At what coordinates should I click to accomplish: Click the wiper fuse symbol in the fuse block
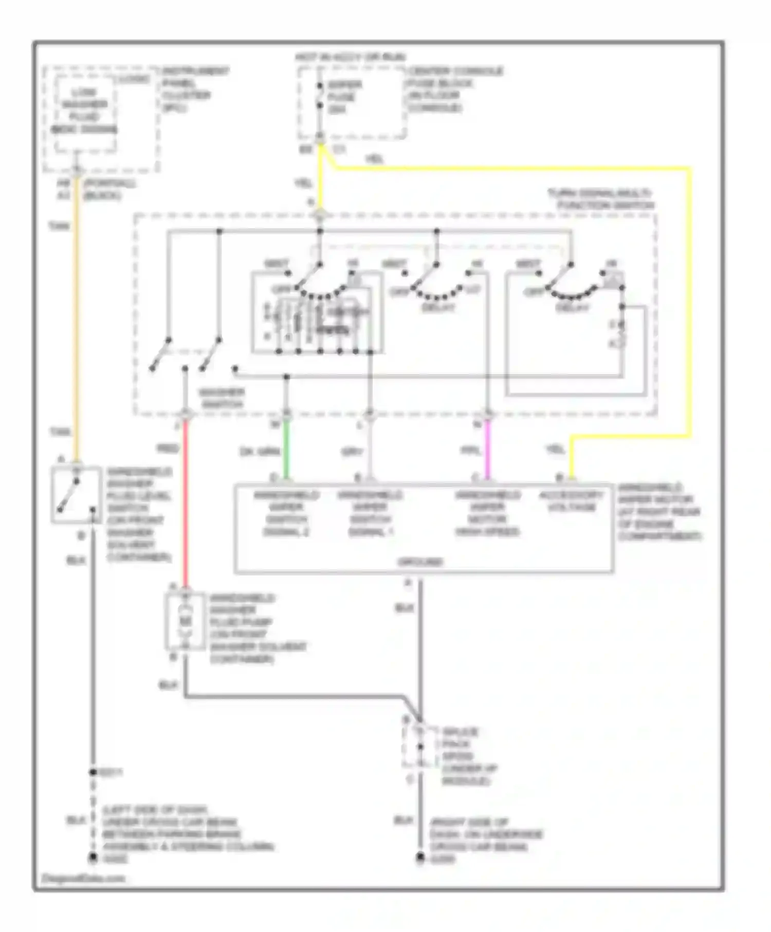(x=320, y=96)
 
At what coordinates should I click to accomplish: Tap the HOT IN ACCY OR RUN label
(x=350, y=57)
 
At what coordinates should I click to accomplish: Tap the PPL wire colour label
(x=470, y=451)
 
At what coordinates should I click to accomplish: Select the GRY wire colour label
(x=352, y=452)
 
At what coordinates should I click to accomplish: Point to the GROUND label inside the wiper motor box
(x=420, y=562)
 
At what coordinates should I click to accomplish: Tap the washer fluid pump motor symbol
(x=185, y=622)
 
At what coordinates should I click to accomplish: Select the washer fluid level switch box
(x=76, y=494)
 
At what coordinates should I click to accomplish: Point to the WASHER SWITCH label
(x=222, y=398)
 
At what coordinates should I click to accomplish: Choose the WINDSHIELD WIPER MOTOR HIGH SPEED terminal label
(x=487, y=513)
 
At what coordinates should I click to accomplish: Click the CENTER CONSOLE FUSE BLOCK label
(x=455, y=89)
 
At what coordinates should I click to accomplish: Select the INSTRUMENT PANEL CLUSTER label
(x=195, y=89)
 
